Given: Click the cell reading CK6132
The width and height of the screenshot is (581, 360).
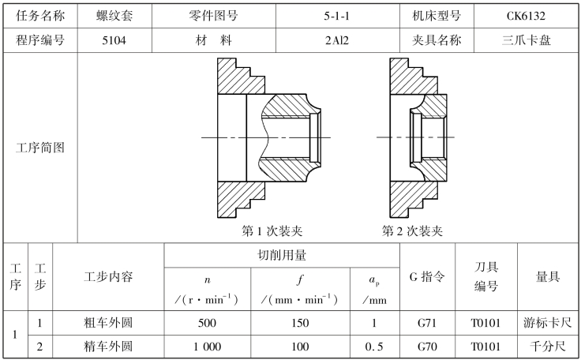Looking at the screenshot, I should coord(527,15).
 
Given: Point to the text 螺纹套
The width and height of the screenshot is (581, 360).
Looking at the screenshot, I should coord(113,15).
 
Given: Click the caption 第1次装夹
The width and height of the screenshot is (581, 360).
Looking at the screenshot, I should coord(272,231).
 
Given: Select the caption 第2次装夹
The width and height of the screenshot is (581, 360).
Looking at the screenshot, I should coord(412,231).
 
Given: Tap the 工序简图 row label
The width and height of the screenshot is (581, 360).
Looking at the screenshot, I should coord(40,148).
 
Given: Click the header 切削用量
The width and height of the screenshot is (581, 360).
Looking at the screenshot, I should coord(282,255).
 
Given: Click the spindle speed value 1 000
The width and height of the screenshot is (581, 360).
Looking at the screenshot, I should coord(208,346).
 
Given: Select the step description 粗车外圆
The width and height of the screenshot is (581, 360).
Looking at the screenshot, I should coord(108,322).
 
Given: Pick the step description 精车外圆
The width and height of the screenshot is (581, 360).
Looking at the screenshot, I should coord(108,346).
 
